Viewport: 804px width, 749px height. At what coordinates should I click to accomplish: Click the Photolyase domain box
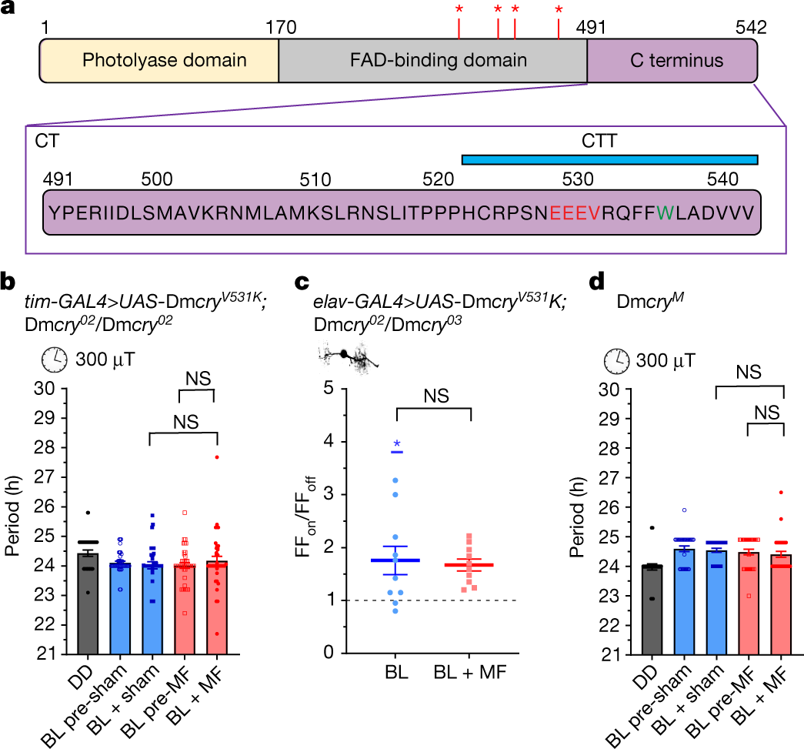point(158,61)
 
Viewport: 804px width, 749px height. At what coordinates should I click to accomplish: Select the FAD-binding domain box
point(432,61)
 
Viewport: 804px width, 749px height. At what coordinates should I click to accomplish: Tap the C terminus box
point(672,61)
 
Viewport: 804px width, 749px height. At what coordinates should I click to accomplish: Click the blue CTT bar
point(609,159)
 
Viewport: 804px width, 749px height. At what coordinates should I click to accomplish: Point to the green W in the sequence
point(675,212)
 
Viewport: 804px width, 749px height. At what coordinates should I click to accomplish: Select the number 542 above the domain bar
point(750,28)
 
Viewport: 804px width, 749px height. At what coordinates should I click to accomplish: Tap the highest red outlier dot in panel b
point(218,457)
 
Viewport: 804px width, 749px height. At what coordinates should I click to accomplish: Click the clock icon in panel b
point(53,359)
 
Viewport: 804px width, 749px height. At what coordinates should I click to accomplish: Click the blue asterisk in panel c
point(397,444)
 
